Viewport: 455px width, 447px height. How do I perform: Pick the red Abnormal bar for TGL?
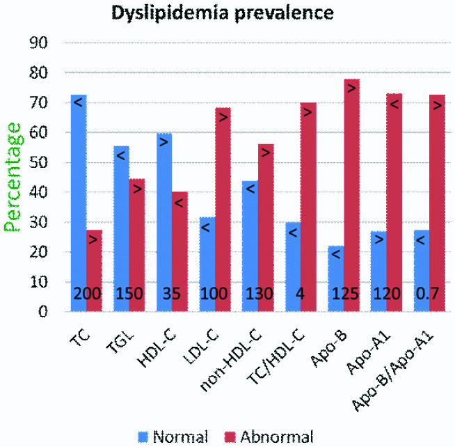pyautogui.click(x=136, y=244)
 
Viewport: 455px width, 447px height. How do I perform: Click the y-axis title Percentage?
pyautogui.click(x=13, y=177)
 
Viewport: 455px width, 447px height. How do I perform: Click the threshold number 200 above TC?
pyautogui.click(x=86, y=294)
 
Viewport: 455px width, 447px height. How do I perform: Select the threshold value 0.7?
pyautogui.click(x=426, y=294)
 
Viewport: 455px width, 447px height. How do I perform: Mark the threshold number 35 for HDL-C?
pyautogui.click(x=171, y=294)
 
